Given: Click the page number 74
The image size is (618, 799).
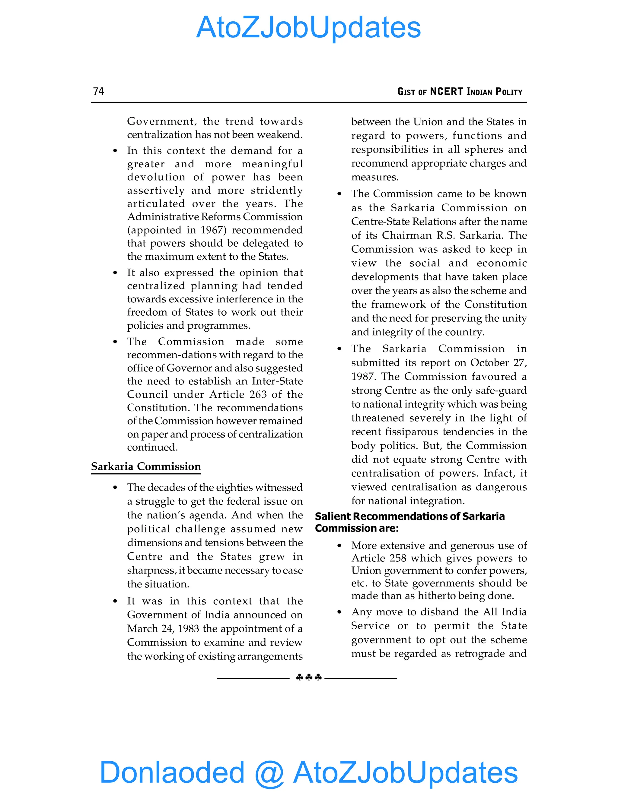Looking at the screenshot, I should click(x=98, y=91).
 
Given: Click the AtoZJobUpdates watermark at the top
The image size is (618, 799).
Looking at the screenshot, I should click(x=308, y=27).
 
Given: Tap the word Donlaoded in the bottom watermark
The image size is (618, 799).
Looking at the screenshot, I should click(x=172, y=772).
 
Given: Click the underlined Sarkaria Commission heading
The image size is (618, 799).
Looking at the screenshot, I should click(x=146, y=466).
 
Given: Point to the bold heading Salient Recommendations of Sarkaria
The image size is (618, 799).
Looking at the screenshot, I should click(x=409, y=516).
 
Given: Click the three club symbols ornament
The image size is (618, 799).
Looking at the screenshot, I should click(x=309, y=677).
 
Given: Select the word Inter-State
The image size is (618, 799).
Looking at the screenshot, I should click(x=277, y=381).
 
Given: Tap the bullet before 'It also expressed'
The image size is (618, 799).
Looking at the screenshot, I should click(x=115, y=273).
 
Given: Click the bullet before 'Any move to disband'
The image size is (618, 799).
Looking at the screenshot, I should click(x=339, y=612).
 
